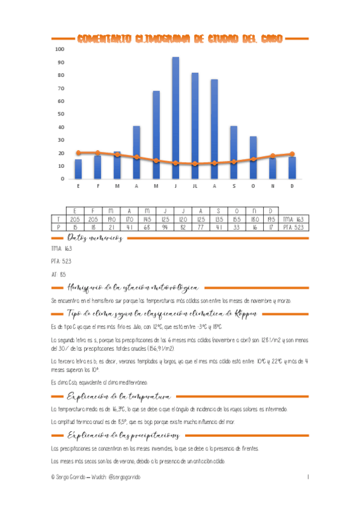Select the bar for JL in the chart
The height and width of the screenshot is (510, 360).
195,126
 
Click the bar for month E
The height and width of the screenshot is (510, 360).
78,169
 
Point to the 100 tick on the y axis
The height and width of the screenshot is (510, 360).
59,49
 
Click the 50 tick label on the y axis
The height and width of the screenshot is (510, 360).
59,114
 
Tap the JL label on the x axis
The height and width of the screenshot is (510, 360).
195,186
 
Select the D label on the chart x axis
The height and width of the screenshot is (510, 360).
291,186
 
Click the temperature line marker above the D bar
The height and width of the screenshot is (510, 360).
292,154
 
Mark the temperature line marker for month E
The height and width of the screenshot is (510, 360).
78,153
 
